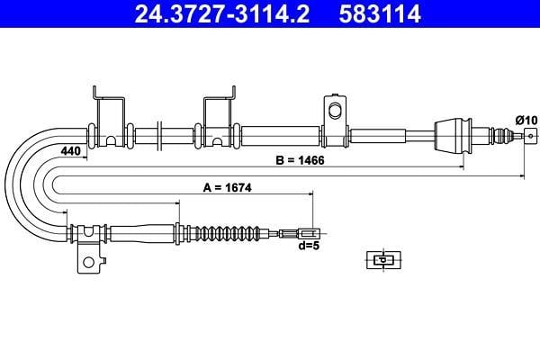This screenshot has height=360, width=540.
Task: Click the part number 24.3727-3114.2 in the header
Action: [x=221, y=13]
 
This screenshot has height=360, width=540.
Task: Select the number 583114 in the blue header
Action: [x=380, y=13]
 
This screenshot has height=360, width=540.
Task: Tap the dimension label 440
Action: [x=70, y=151]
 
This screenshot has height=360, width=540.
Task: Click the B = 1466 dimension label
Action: [x=300, y=160]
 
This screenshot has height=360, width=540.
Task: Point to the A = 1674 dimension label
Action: [x=228, y=188]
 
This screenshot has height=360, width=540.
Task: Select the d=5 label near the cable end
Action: [x=309, y=246]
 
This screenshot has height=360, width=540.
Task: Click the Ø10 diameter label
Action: [x=526, y=121]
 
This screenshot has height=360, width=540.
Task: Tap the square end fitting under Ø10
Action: [x=531, y=136]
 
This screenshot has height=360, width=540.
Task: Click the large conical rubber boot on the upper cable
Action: [x=453, y=135]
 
